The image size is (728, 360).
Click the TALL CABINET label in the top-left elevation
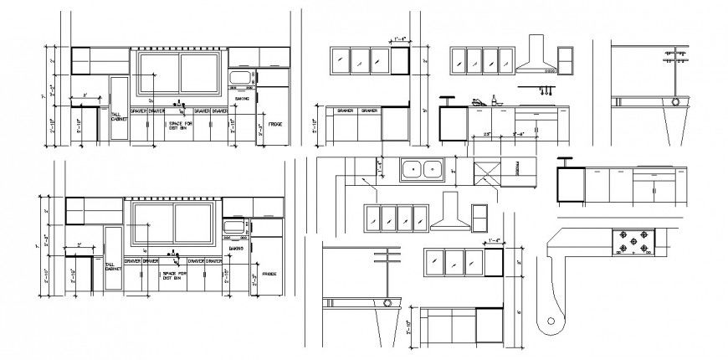pyautogui.click(x=118, y=116)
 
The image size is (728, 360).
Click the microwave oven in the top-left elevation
pyautogui.click(x=241, y=79)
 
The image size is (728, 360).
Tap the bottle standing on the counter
pyautogui.click(x=494, y=99)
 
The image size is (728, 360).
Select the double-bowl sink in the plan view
pyautogui.click(x=423, y=170)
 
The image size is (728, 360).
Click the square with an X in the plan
pyautogui.click(x=486, y=171)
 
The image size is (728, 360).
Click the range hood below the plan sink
pyautogui.click(x=451, y=213)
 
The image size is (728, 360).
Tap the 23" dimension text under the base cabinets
pyautogui.click(x=487, y=133)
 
